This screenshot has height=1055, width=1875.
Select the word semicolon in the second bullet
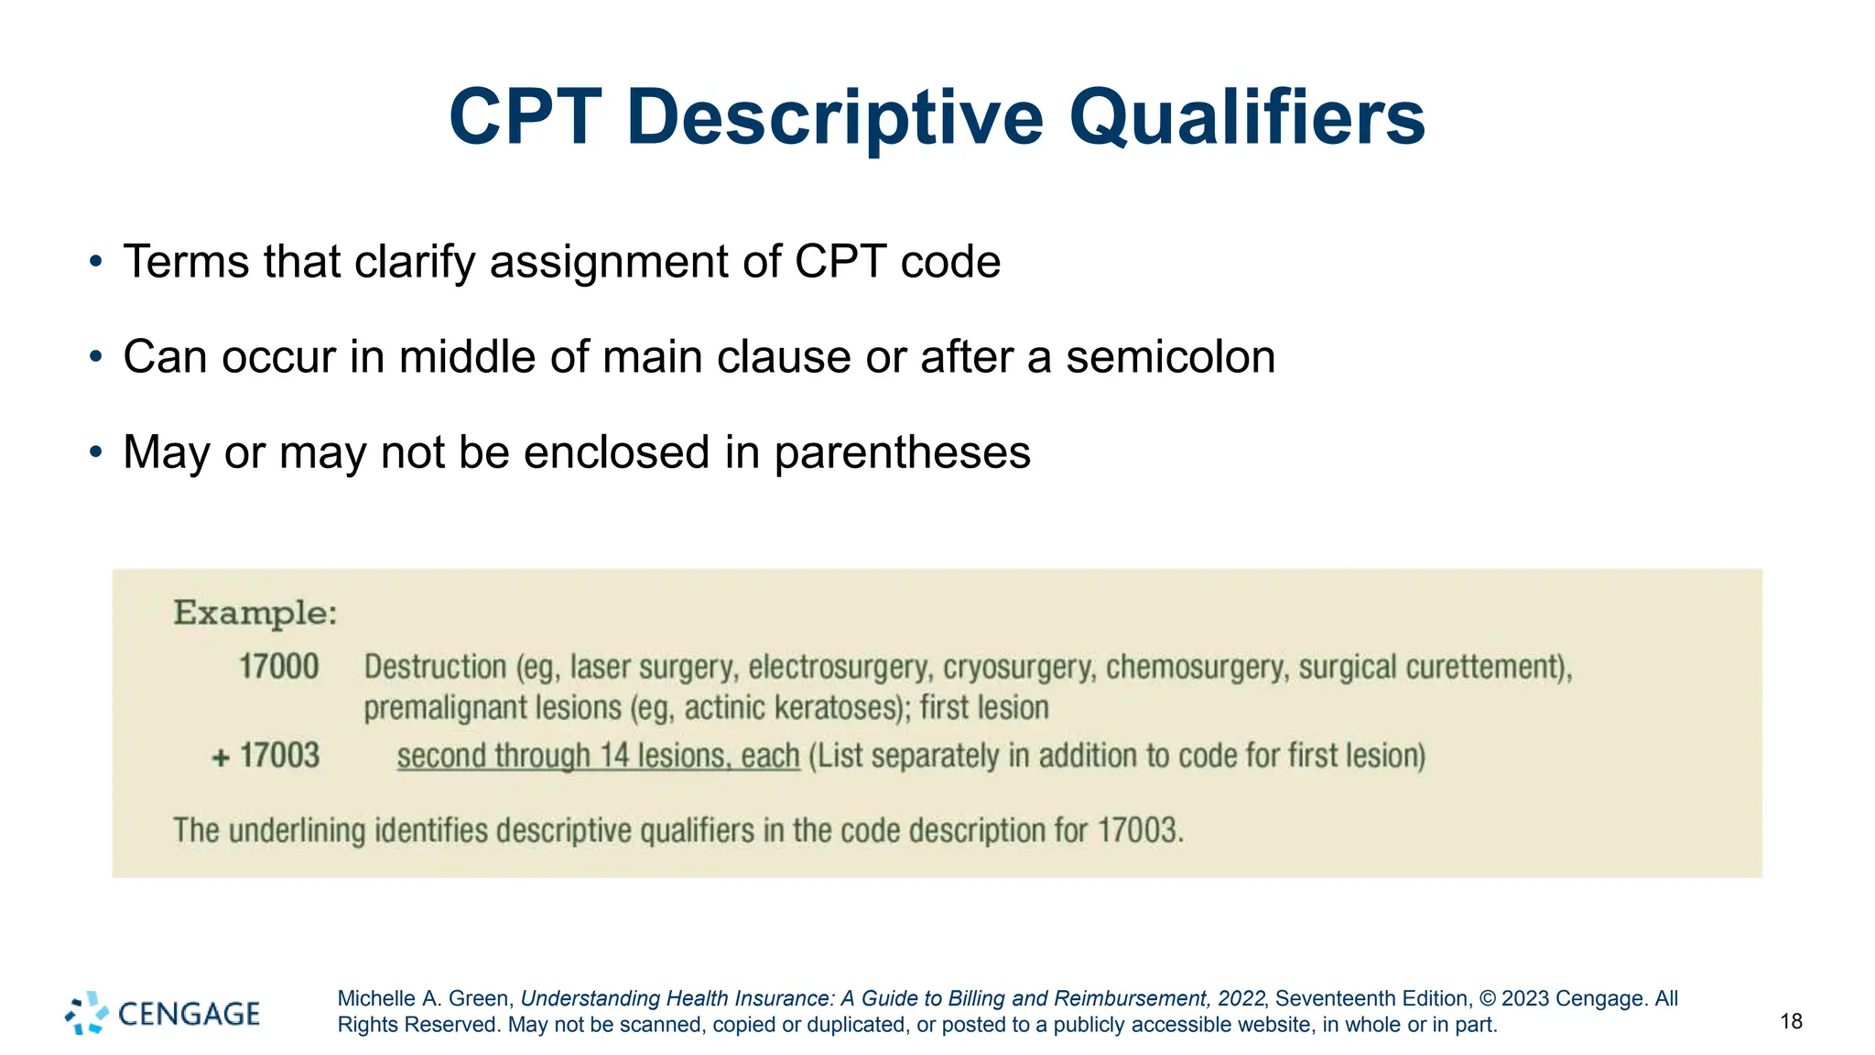(1170, 357)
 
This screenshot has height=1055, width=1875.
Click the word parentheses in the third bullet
(902, 452)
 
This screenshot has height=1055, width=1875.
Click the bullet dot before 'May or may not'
(96, 451)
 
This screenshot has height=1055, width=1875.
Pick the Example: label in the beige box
(255, 613)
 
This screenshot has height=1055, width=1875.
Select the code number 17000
(278, 667)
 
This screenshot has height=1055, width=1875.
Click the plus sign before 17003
(221, 758)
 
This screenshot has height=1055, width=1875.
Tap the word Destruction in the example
(435, 667)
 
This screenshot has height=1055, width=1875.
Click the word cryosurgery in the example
(1018, 667)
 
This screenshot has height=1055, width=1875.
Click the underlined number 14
(614, 756)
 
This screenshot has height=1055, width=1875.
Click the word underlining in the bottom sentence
(297, 831)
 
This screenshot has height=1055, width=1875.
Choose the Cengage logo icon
(87, 1013)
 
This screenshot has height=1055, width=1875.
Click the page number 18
(1791, 1021)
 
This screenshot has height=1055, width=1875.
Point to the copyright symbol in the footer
(1488, 998)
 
